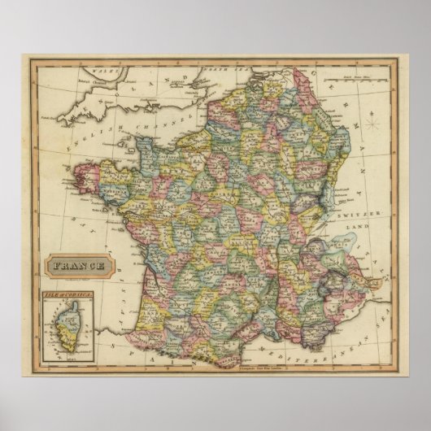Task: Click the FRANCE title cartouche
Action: click(x=79, y=265)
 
